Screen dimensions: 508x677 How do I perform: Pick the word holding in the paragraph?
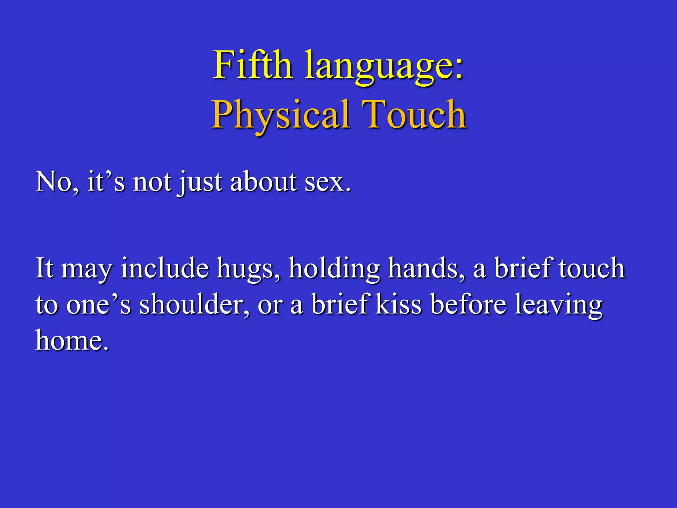pyautogui.click(x=334, y=269)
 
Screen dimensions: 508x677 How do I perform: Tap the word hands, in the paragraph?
pyautogui.click(x=426, y=268)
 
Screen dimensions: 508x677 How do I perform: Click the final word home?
pyautogui.click(x=72, y=340)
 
